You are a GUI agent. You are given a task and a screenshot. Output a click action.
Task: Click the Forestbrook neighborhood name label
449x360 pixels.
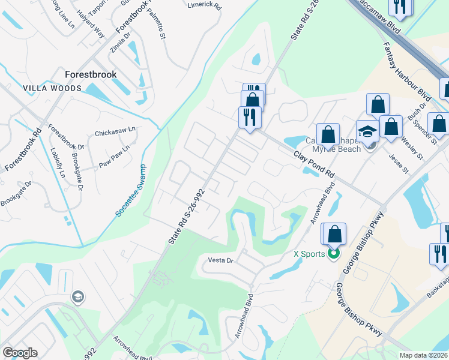click(x=91, y=75)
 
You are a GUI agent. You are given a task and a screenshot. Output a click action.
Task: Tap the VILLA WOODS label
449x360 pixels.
click(x=52, y=88)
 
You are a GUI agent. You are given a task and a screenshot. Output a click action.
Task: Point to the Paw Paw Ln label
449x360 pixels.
click(x=115, y=156)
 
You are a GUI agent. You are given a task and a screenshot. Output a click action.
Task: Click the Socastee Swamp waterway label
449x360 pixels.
click(x=130, y=190)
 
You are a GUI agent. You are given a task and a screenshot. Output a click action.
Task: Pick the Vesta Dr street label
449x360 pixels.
click(x=220, y=261)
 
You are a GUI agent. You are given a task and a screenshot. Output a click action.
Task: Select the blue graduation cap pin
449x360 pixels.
click(x=367, y=131)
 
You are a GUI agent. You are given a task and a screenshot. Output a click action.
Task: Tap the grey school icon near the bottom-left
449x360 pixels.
click(x=77, y=296)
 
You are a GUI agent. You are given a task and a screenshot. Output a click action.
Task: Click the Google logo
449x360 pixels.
click(x=20, y=353)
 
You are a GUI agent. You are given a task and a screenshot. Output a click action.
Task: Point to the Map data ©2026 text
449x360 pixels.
click(x=423, y=355)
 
